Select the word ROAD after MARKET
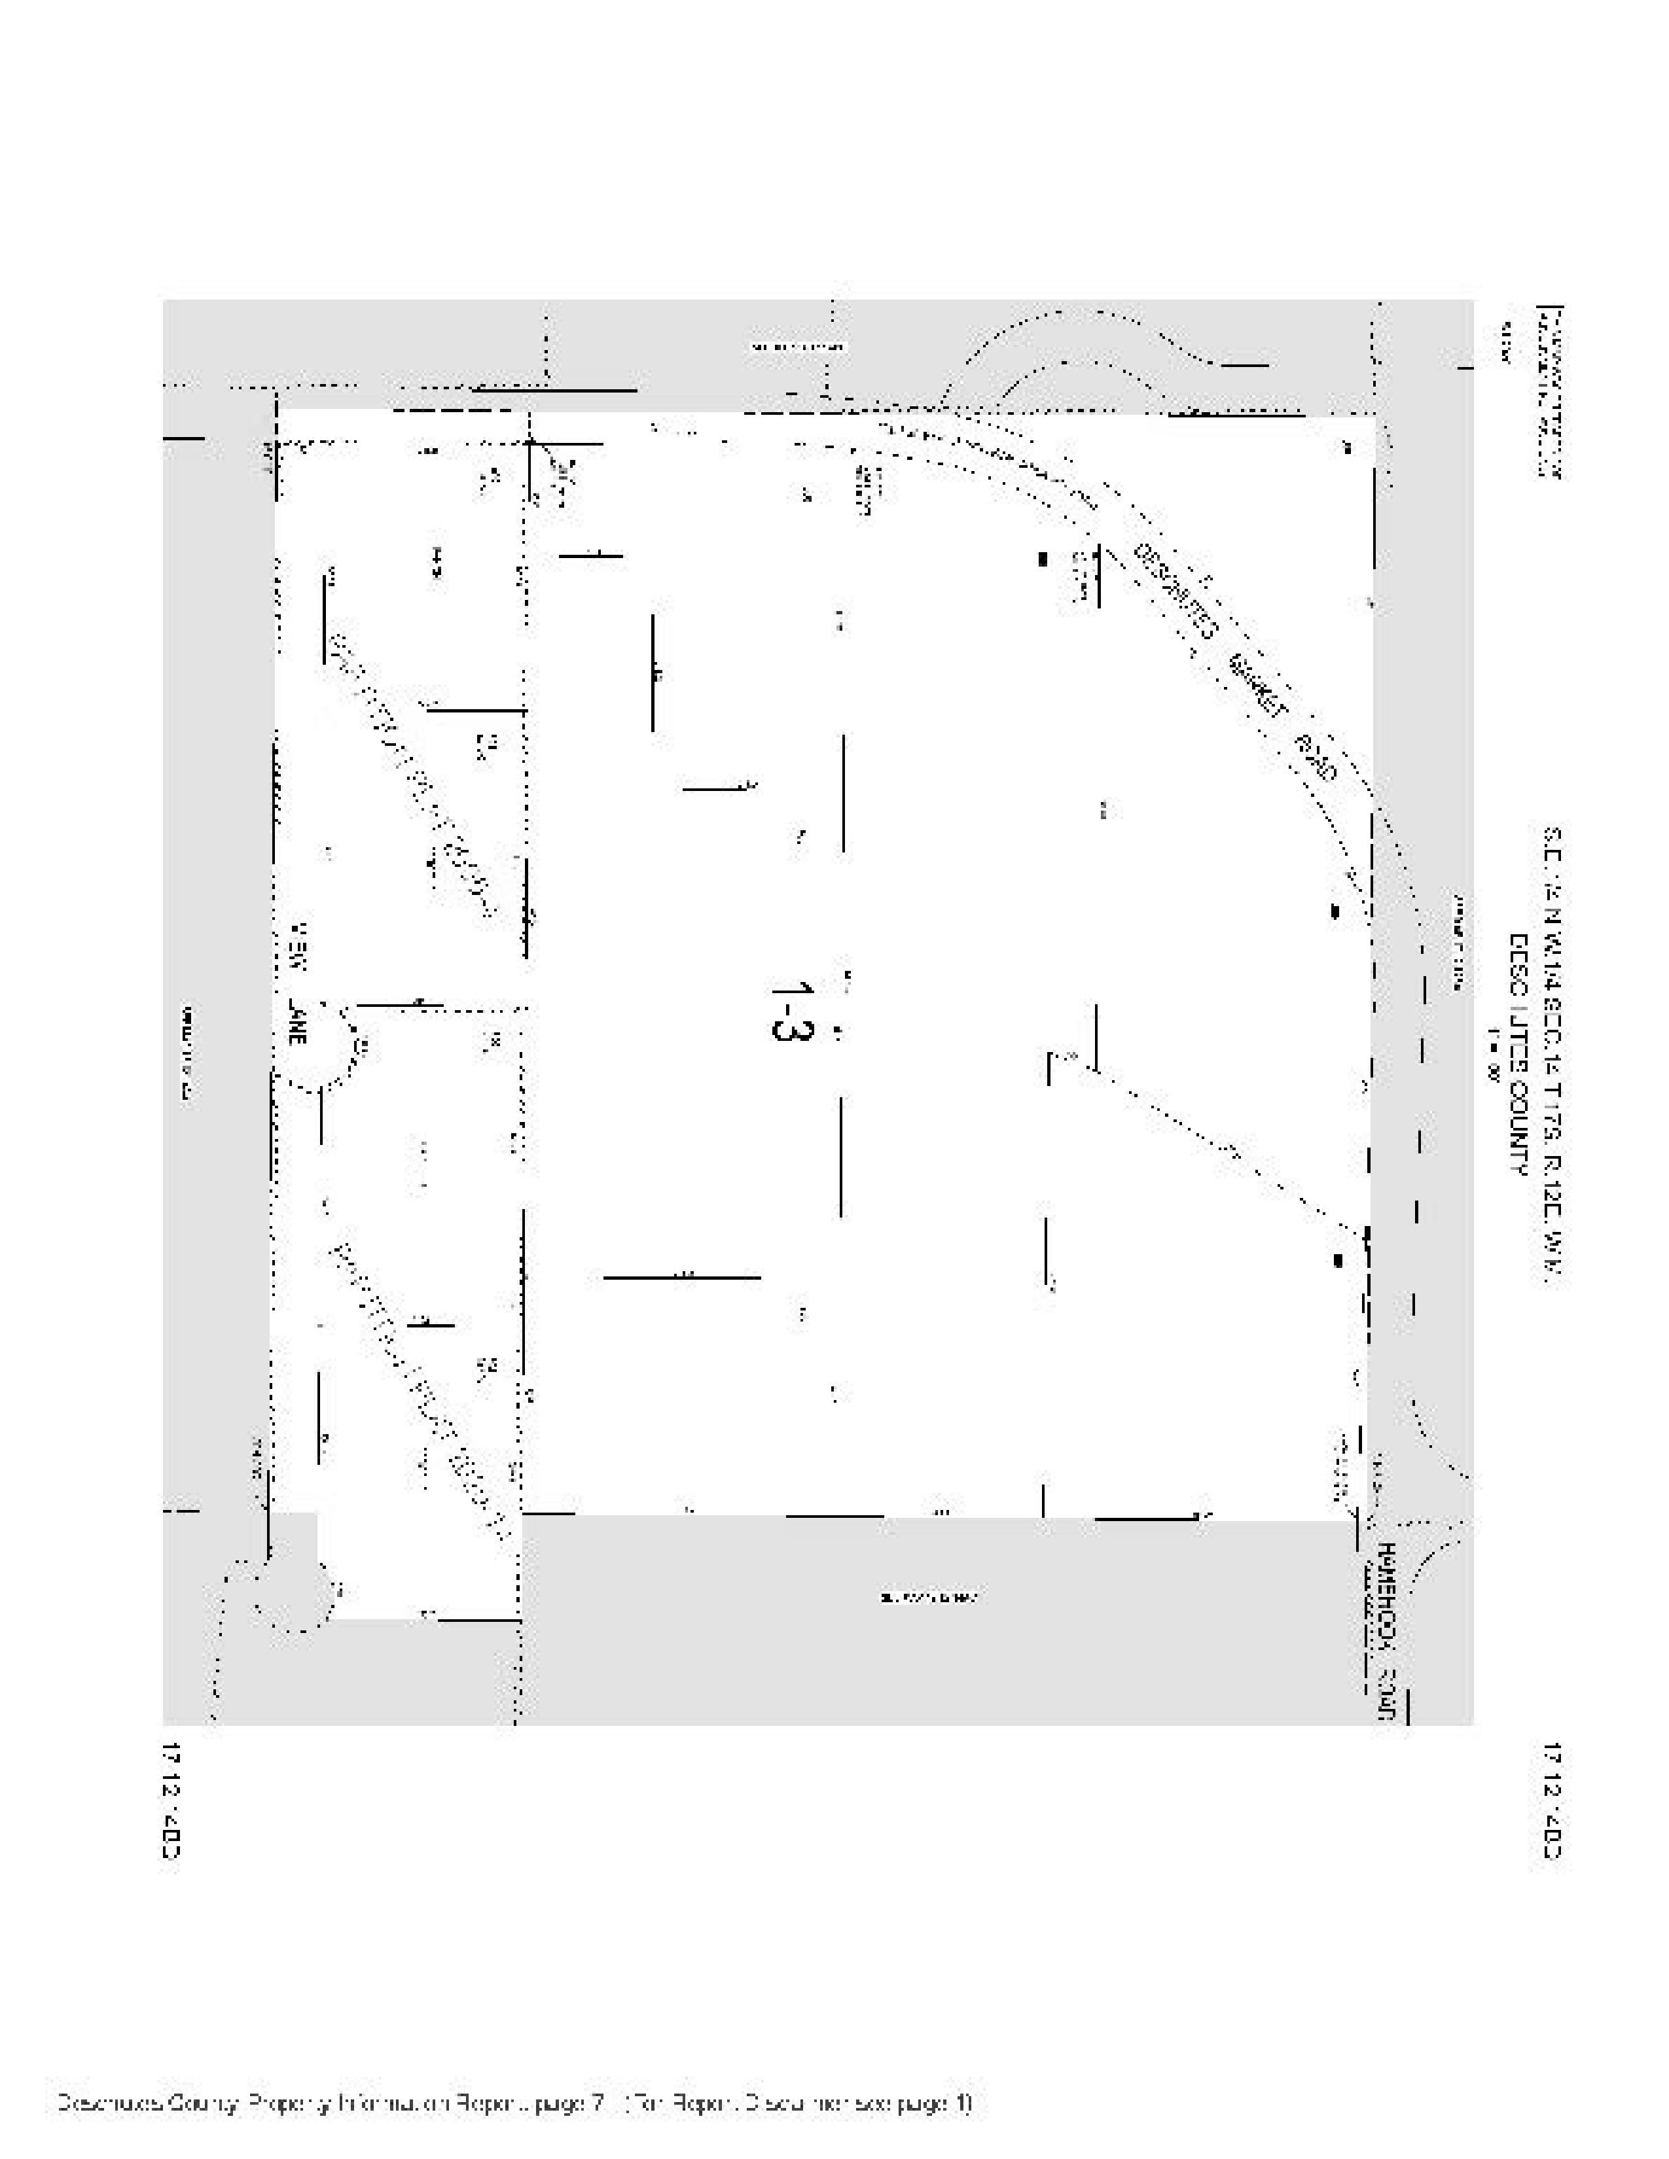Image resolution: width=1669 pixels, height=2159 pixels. point(1315,757)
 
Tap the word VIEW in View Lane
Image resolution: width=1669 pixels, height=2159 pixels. point(296,949)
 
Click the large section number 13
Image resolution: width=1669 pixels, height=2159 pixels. point(791,1008)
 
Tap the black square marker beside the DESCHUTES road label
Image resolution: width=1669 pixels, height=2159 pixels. point(1042,559)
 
